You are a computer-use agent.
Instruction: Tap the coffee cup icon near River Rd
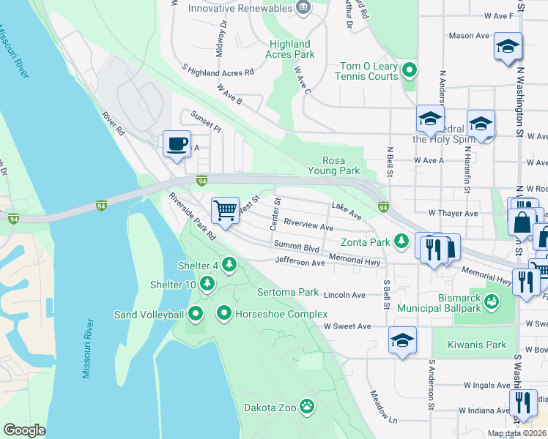pyautogui.click(x=176, y=143)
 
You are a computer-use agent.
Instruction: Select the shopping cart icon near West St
pyautogui.click(x=226, y=210)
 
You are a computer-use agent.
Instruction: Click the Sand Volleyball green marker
pyautogui.click(x=196, y=315)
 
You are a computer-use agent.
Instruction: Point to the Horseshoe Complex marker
pyautogui.click(x=224, y=315)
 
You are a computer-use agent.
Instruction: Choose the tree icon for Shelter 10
pyautogui.click(x=207, y=283)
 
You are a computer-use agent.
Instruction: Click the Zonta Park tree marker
pyautogui.click(x=401, y=241)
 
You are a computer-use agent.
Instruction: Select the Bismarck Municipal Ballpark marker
pyautogui.click(x=492, y=301)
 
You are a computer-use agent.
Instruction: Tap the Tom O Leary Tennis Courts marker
pyautogui.click(x=410, y=71)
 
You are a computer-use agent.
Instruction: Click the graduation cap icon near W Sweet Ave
pyautogui.click(x=402, y=339)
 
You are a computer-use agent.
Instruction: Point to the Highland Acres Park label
pyautogui.click(x=290, y=49)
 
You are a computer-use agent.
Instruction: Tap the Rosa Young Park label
pyautogui.click(x=341, y=165)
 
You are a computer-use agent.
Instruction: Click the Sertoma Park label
pyautogui.click(x=288, y=292)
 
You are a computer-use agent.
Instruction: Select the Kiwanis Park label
pyautogui.click(x=480, y=345)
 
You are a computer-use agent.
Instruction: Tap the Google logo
pyautogui.click(x=24, y=430)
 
